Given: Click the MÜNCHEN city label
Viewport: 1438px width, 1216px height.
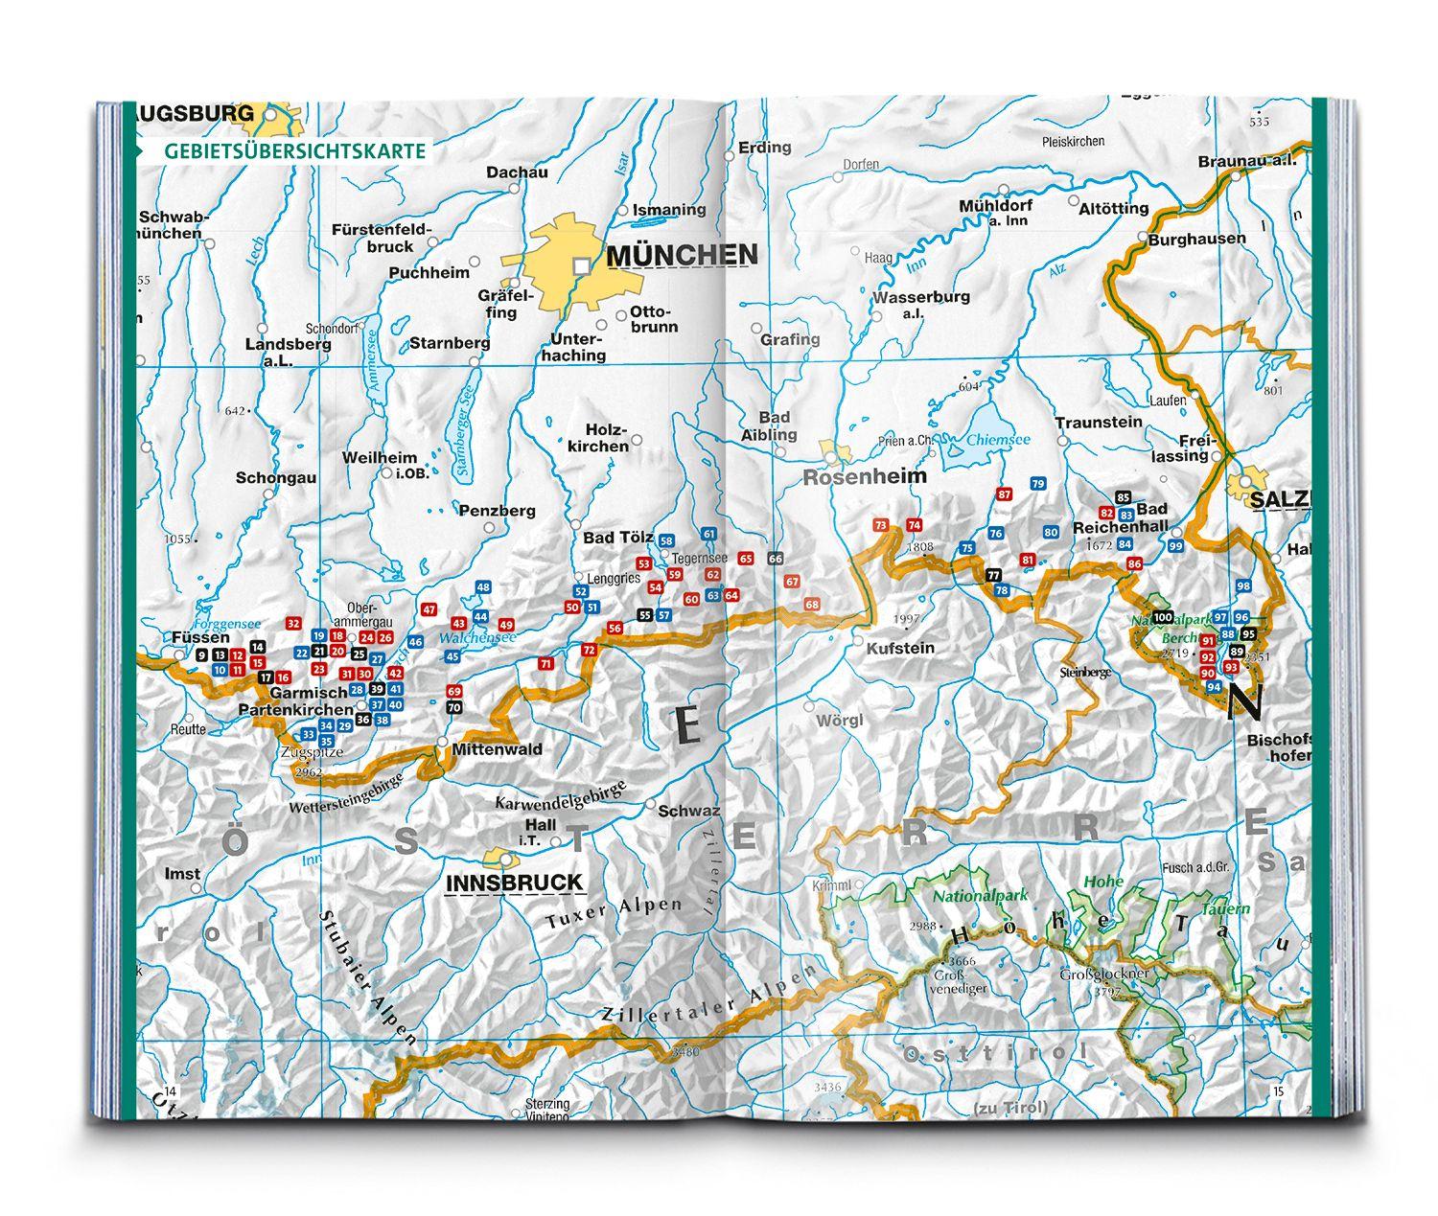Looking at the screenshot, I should [x=682, y=255].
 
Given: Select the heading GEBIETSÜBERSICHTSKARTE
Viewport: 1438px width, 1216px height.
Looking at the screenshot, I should [x=294, y=151].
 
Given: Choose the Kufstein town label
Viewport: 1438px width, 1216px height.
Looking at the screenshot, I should [x=899, y=648].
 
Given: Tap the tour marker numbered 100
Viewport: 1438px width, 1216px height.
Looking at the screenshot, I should [x=1163, y=616].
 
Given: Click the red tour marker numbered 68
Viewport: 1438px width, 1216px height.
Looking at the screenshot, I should [x=812, y=605].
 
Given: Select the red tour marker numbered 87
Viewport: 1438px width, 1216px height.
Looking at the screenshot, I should [x=1004, y=494].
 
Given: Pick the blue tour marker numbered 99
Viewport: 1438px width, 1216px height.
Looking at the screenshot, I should [x=1175, y=546].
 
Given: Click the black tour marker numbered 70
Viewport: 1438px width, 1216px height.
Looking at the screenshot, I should [x=454, y=708].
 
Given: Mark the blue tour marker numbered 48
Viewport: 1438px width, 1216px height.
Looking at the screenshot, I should [x=483, y=587].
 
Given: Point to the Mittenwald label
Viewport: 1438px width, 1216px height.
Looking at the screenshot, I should [x=498, y=748].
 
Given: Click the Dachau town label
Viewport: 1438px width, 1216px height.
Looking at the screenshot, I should [x=517, y=172].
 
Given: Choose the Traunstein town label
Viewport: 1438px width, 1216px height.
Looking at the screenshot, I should [x=1099, y=422].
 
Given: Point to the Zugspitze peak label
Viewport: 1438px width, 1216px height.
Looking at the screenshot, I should [x=311, y=753].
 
